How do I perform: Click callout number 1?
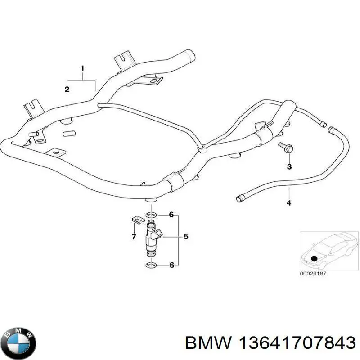82,68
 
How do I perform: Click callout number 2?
67,90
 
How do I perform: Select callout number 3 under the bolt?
289,166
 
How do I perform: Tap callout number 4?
289,203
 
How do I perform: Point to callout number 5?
185,236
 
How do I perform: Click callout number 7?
134,237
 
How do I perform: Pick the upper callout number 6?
171,215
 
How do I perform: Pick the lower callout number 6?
171,265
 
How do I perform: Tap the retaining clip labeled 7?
137,220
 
